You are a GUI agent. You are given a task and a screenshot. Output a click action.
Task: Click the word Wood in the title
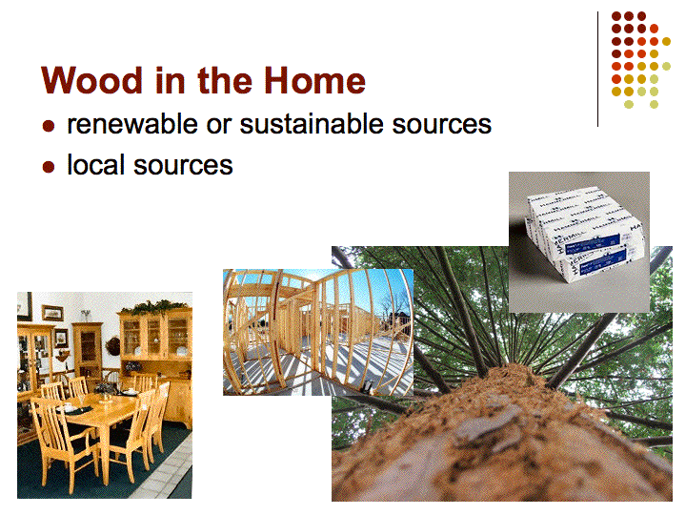tap(91, 80)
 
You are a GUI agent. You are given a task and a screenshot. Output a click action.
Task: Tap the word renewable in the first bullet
tap(132, 124)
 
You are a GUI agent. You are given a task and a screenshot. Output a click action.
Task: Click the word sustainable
tap(311, 124)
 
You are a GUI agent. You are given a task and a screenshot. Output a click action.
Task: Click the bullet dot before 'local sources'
tap(49, 167)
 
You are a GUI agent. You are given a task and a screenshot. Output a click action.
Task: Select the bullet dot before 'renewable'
tap(49, 126)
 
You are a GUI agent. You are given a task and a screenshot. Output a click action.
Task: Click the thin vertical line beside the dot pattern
tap(597, 70)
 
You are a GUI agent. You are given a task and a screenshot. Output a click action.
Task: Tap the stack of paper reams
tap(584, 235)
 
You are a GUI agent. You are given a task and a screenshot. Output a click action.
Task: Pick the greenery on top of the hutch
tap(156, 306)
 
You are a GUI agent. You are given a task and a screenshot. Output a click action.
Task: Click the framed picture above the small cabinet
tap(52, 313)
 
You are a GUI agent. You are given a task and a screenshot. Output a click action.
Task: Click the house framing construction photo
tap(318, 332)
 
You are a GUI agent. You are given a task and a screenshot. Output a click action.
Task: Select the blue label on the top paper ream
tap(593, 244)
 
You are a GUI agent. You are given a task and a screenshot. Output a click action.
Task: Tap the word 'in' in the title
tap(170, 80)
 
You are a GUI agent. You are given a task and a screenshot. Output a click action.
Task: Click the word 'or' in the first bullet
tap(219, 126)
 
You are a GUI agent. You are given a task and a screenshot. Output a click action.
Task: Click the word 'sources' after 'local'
tap(183, 166)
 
